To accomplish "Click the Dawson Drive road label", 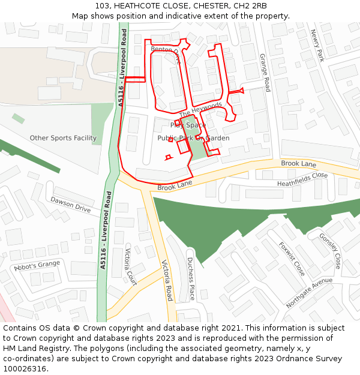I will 70,205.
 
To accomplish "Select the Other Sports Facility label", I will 63,138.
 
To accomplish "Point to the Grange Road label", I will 265,73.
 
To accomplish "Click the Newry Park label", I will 317,46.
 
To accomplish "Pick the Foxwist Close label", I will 292,259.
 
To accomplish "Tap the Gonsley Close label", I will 330,251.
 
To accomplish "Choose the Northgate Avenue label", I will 309,293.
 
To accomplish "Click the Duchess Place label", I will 190,279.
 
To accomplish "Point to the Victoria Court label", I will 131,266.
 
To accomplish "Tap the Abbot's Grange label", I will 37,265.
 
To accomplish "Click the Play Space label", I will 188,125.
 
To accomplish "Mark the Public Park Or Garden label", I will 193,138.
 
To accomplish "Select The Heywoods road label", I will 200,110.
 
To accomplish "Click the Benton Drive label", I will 166,55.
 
